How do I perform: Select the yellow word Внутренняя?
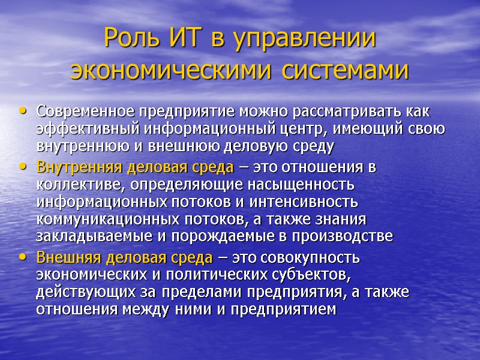tap(78, 167)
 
